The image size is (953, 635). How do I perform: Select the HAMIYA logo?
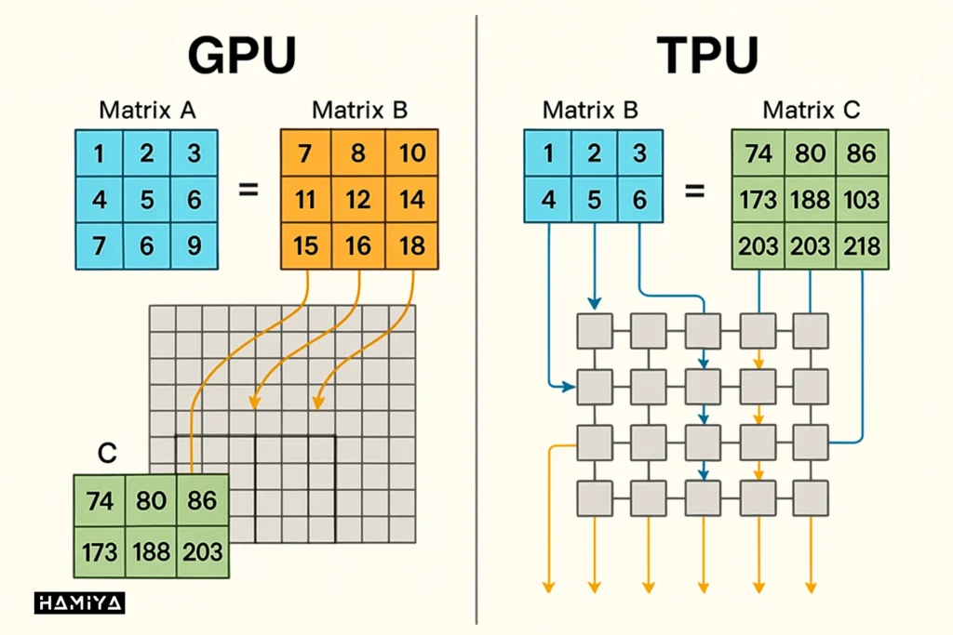click(79, 603)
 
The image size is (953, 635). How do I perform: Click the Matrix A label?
click(146, 111)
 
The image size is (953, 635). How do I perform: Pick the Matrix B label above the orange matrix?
click(359, 111)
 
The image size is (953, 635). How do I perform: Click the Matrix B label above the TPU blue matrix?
click(590, 111)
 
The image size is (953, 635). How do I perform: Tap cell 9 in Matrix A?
click(194, 245)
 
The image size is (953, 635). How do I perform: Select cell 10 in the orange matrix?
click(411, 153)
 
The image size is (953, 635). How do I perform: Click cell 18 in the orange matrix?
click(411, 245)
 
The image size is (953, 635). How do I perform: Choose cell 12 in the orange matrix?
click(358, 200)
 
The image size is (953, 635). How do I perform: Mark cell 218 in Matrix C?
click(861, 247)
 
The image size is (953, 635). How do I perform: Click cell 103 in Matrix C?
click(861, 200)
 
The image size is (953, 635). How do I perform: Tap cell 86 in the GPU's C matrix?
click(201, 501)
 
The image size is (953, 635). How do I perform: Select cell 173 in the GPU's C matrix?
click(99, 551)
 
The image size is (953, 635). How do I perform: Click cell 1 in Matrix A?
click(99, 153)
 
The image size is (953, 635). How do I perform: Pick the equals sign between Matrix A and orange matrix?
click(248, 191)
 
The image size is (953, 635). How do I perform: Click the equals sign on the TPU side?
click(695, 192)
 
